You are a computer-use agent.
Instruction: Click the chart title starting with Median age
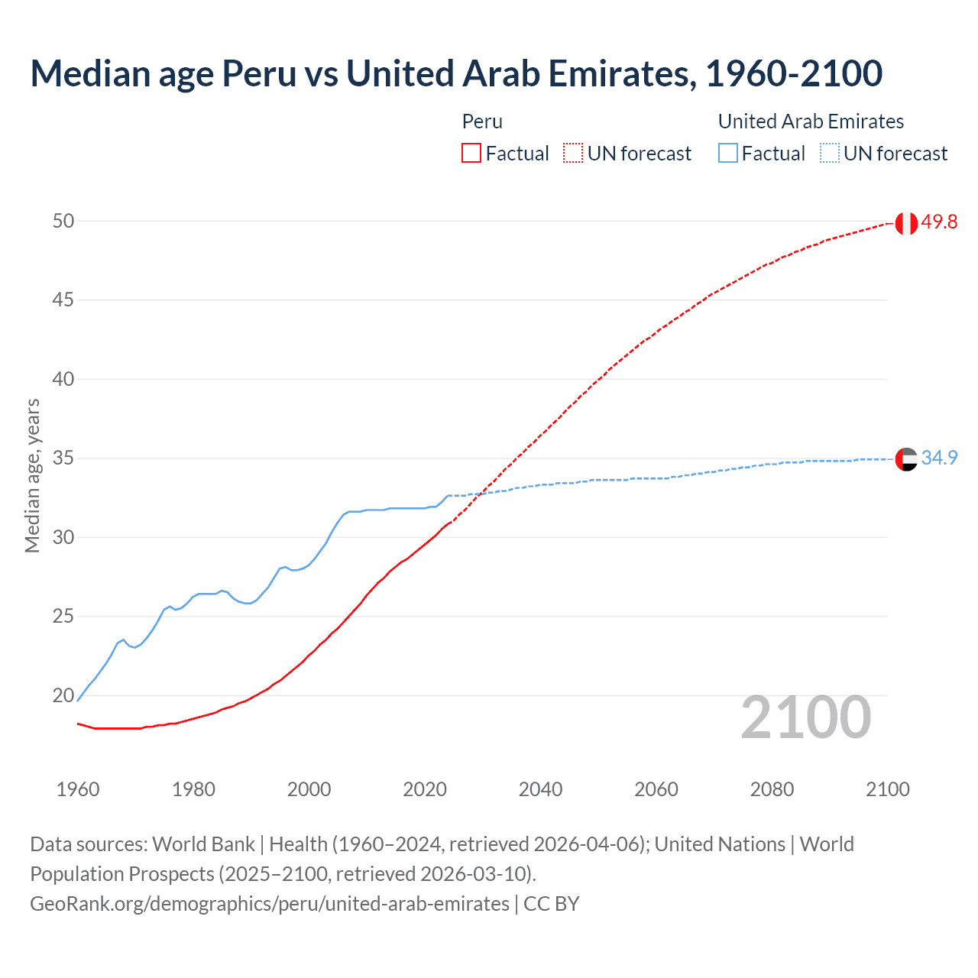456,73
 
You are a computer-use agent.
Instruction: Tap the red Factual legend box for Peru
471,153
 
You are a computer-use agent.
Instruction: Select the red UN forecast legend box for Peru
573,153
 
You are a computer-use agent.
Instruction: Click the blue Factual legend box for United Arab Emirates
727,153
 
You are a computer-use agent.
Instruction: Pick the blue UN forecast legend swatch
829,153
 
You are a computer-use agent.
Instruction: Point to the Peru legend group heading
482,121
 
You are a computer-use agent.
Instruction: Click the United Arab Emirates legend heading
811,121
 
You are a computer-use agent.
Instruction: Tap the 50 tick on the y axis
63,221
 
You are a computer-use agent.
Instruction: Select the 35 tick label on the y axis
63,458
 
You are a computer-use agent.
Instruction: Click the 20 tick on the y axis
63,695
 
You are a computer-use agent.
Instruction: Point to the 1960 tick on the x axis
78,789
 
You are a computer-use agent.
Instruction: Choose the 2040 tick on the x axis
540,789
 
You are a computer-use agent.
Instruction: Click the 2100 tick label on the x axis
887,789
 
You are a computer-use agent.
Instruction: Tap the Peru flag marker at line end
906,223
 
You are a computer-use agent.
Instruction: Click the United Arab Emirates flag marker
906,459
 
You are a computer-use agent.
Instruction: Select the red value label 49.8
939,222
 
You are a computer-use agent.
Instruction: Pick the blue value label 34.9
939,458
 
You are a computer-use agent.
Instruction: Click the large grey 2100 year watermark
806,717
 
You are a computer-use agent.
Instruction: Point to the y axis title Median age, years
32,475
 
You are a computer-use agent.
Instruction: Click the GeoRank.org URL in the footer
269,903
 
